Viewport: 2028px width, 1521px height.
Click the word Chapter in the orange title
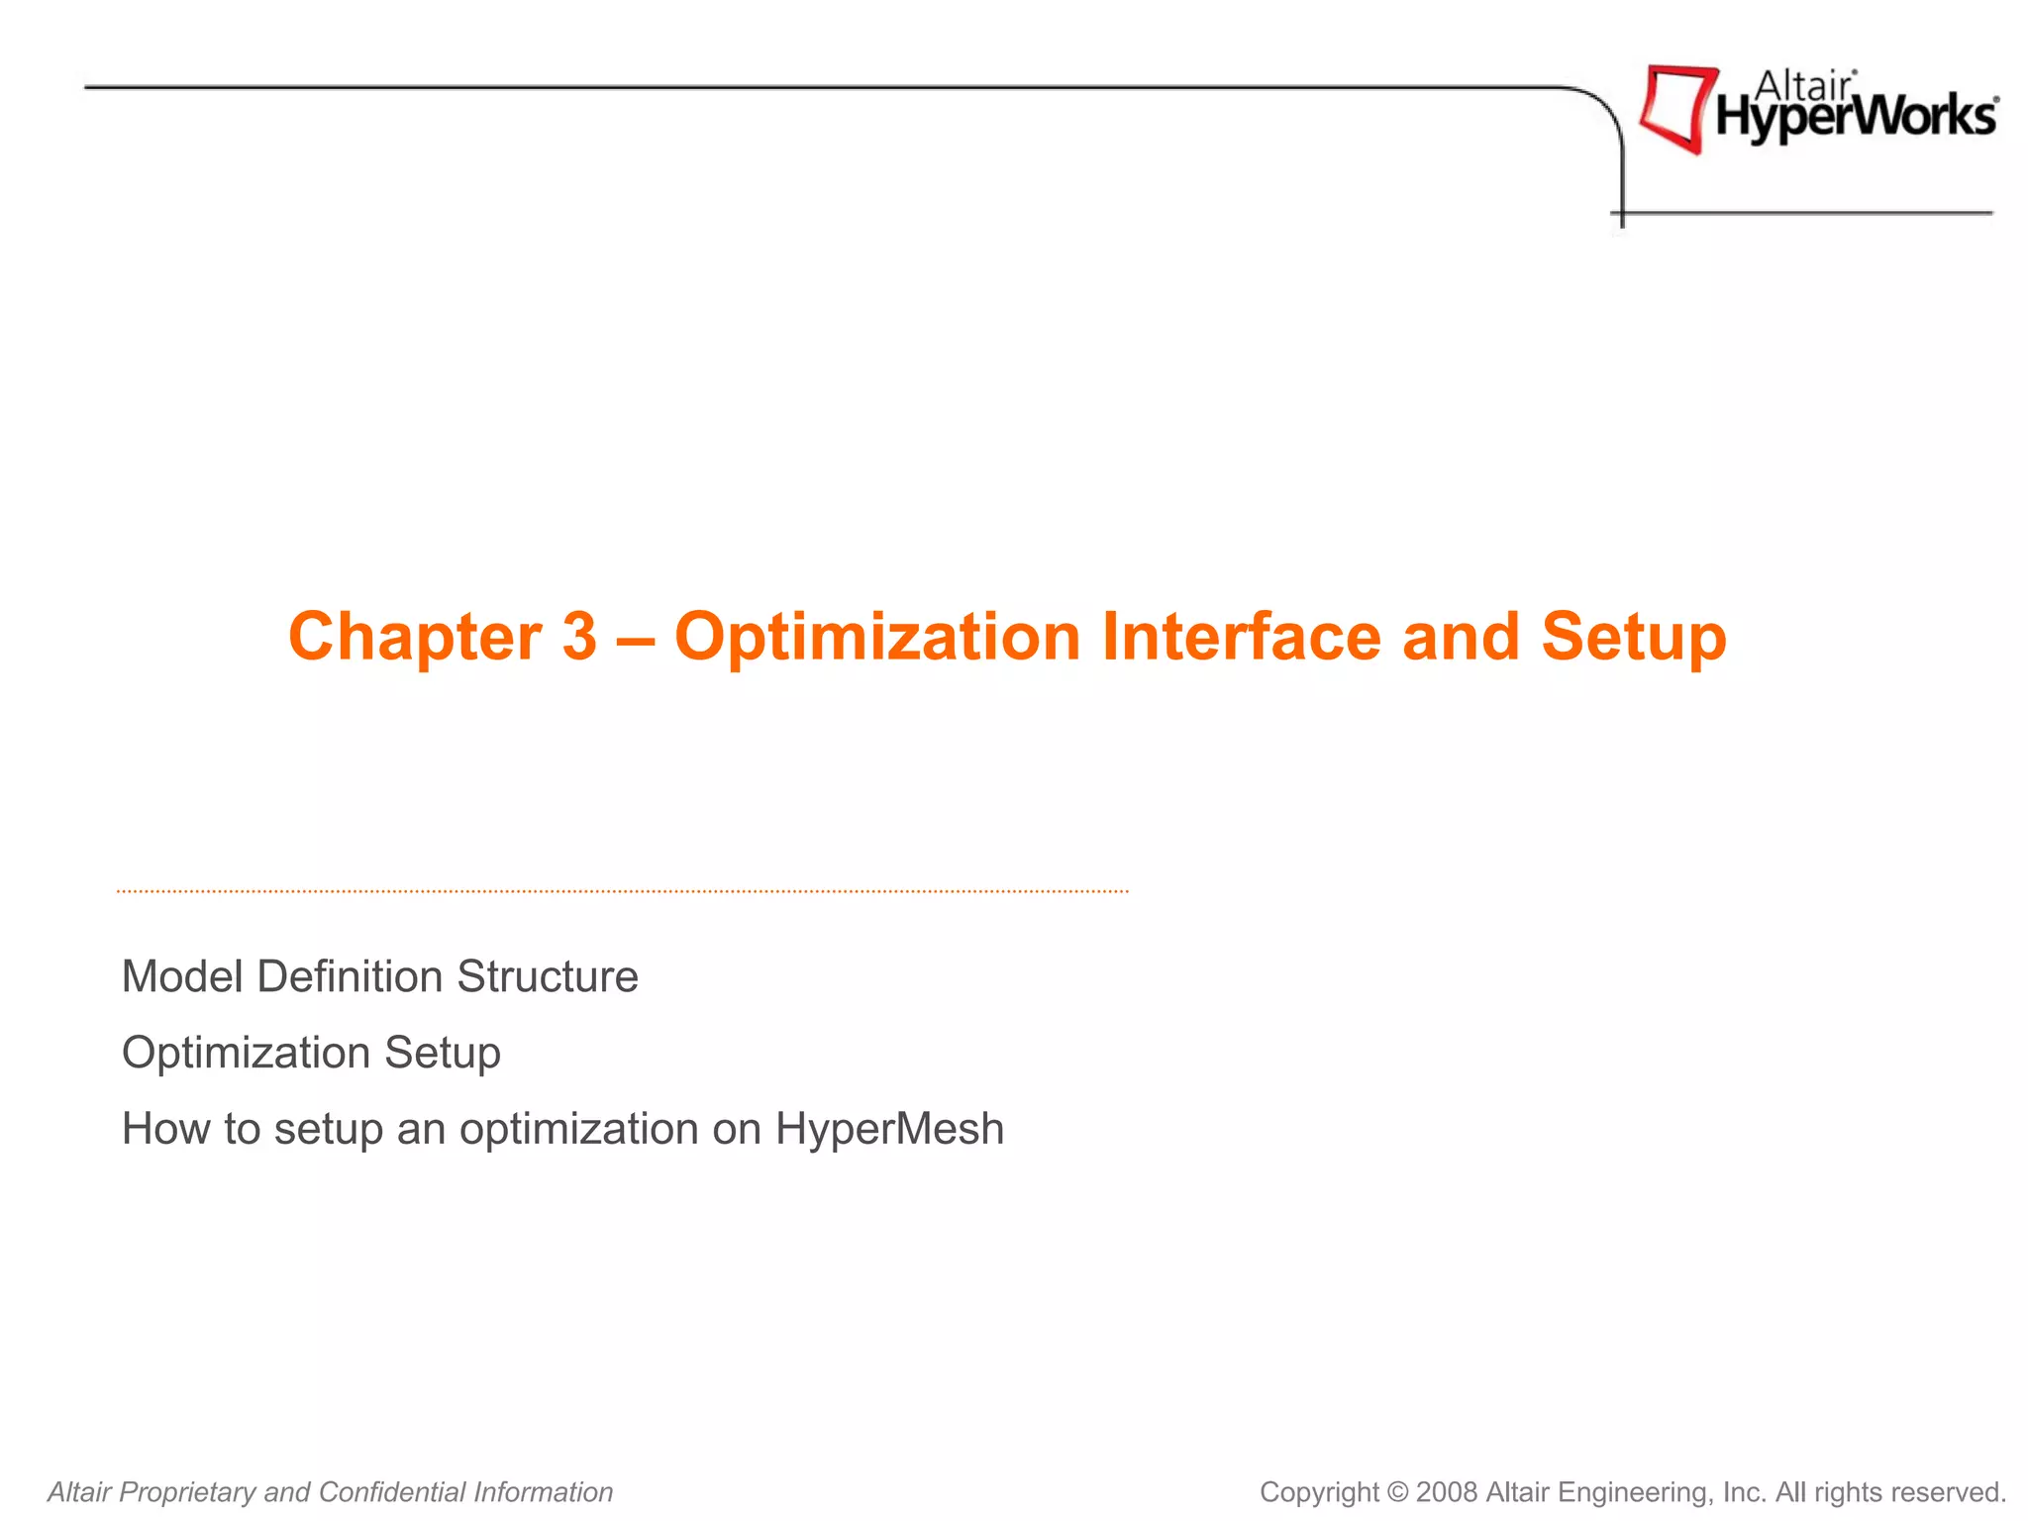[415, 636]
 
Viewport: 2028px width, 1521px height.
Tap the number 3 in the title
[580, 636]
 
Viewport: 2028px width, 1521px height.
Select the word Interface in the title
[1241, 636]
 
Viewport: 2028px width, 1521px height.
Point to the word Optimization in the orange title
[877, 636]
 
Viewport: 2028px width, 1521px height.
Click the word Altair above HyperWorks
[1802, 86]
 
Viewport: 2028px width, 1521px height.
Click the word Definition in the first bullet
[350, 976]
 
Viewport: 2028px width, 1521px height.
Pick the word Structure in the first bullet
[548, 976]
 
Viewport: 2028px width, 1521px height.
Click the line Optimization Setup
[311, 1053]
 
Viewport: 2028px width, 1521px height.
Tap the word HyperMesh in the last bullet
[889, 1129]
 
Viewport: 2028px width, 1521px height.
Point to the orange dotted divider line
[622, 891]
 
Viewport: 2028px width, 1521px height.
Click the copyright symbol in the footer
[1397, 1491]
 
